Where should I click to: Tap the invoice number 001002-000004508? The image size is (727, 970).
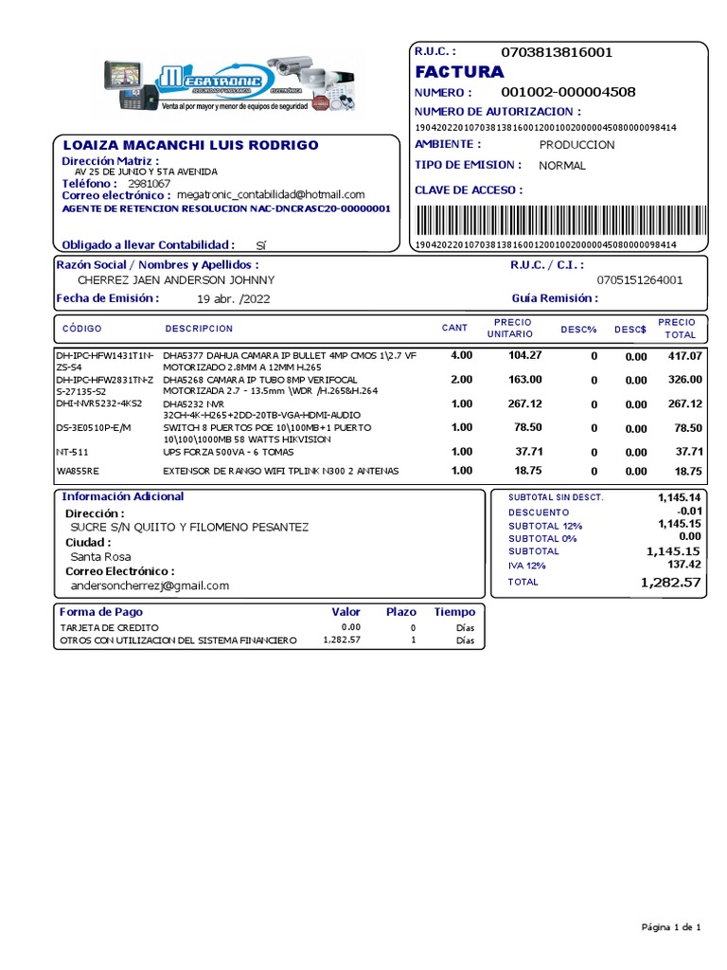tap(568, 93)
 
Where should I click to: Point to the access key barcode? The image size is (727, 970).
tap(545, 220)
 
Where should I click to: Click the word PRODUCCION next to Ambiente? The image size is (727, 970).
tap(576, 145)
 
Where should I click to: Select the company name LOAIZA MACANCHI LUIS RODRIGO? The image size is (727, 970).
tap(190, 146)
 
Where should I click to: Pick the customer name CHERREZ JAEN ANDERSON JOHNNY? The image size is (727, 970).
tap(176, 280)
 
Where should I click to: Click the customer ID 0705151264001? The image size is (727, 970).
tap(639, 280)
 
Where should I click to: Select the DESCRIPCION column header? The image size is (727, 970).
tap(199, 329)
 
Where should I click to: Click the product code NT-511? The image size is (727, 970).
tap(73, 453)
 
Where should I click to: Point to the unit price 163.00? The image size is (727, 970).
tap(525, 380)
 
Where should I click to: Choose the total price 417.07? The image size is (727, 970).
tap(684, 356)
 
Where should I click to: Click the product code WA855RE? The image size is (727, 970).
tap(78, 471)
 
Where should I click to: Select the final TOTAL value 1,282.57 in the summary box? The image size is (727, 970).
tap(670, 583)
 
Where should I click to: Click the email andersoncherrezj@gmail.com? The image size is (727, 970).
tap(151, 586)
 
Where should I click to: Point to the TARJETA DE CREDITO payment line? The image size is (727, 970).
tap(110, 628)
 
